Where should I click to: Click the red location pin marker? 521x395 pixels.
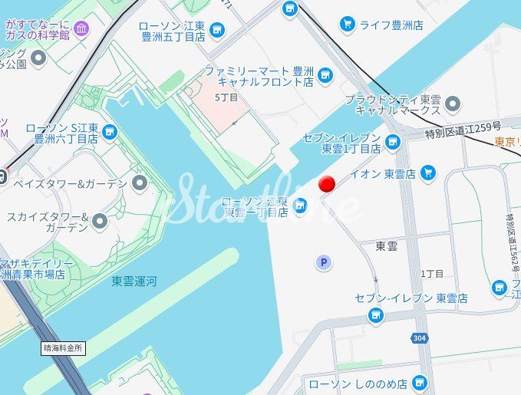click(328, 183)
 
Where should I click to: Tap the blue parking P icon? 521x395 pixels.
click(324, 263)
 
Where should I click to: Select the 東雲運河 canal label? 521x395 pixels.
click(134, 281)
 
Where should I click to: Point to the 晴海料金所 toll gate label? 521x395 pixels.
click(64, 347)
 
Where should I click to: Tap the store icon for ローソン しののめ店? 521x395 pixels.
click(418, 382)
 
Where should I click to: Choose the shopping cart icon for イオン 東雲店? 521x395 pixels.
click(428, 173)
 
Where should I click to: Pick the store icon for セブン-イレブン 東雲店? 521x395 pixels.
click(375, 314)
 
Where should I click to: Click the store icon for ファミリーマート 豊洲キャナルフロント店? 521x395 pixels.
click(325, 75)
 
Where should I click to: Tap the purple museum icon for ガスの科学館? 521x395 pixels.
click(81, 29)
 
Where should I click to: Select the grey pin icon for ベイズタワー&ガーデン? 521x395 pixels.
click(139, 183)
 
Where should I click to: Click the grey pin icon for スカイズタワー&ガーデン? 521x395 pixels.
click(100, 222)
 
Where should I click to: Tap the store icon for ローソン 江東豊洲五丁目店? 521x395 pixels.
click(218, 30)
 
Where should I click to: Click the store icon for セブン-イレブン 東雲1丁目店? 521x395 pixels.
click(392, 142)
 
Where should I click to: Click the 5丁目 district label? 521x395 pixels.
click(226, 97)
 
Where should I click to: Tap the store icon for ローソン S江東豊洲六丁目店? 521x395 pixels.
click(110, 133)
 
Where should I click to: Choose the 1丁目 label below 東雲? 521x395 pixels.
click(432, 274)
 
